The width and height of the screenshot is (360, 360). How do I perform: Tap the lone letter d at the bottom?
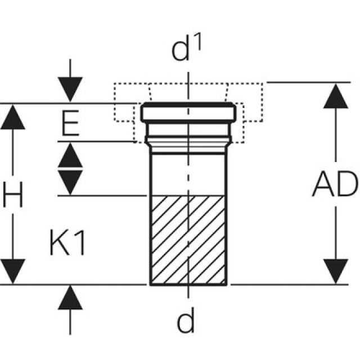[x=186, y=322]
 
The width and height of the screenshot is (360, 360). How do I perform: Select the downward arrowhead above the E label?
[x=70, y=90]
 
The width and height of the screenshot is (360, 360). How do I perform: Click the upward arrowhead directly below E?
[x=70, y=155]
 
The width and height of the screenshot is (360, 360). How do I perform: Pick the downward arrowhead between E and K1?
[x=70, y=181]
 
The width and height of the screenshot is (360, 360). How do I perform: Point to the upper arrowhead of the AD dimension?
[x=336, y=96]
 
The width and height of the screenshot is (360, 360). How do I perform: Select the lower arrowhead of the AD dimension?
[x=336, y=271]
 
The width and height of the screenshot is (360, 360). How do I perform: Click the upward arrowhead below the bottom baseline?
[x=70, y=298]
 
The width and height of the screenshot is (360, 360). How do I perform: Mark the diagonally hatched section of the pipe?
[x=188, y=239]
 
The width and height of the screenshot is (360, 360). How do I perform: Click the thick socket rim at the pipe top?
[x=188, y=112]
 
